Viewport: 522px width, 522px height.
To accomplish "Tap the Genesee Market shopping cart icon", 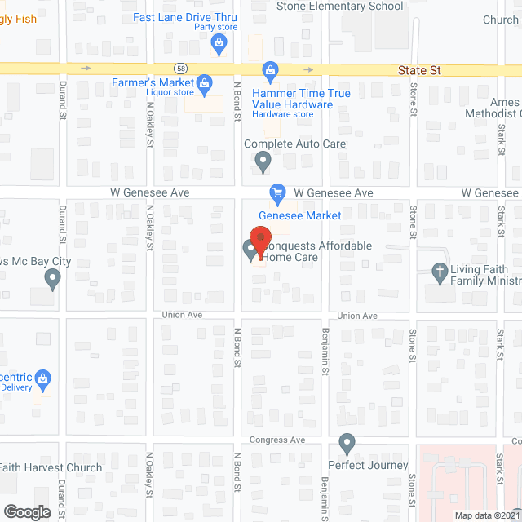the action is [277, 192].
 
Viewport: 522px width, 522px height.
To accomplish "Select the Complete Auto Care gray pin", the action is [263, 161].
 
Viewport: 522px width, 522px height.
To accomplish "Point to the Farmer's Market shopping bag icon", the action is [204, 82].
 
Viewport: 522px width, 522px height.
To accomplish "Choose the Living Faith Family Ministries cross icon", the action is [440, 273].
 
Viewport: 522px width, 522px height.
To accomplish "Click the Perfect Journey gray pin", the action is [347, 445].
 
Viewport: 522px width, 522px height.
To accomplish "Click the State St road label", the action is [419, 71].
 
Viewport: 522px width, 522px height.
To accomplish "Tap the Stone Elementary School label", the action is [340, 7].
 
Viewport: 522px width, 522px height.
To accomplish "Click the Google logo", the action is [26, 511].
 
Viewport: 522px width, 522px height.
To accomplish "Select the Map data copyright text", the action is [487, 515].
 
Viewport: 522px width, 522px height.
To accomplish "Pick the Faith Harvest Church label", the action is [51, 467].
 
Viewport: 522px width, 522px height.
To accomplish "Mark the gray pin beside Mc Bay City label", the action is [53, 281].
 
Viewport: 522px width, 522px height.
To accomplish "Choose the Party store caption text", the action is [215, 27].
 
